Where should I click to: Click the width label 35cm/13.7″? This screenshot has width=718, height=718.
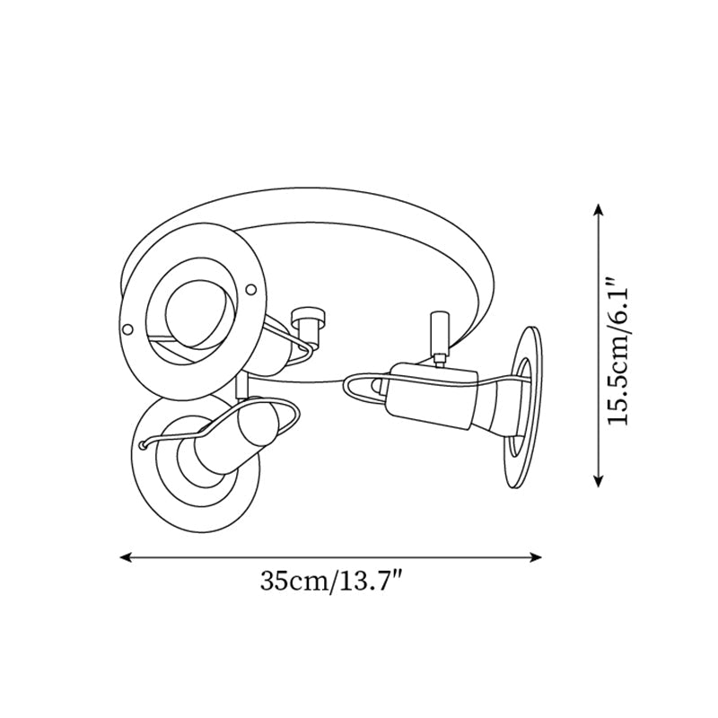tap(329, 582)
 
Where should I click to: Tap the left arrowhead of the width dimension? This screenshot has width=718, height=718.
tap(127, 557)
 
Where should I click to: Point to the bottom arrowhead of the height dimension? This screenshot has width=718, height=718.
tap(599, 480)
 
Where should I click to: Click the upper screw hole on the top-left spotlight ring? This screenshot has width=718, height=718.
tap(252, 289)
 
